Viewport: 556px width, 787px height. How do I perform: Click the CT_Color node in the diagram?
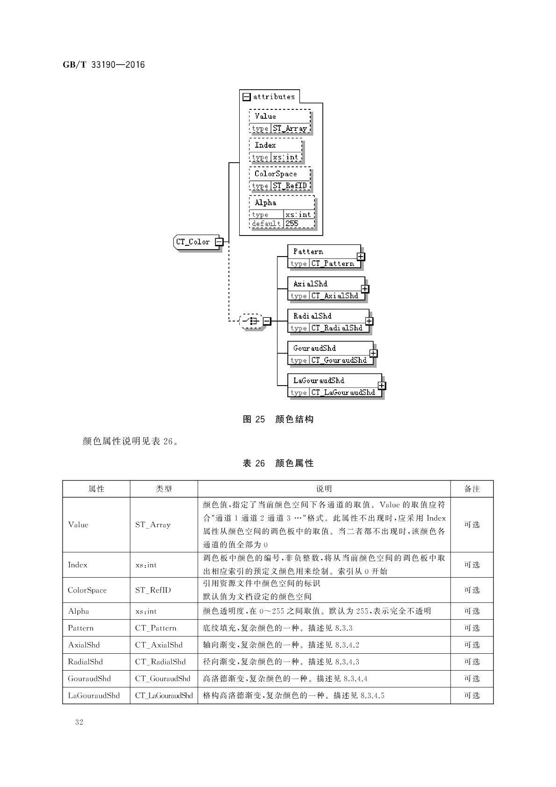(x=193, y=242)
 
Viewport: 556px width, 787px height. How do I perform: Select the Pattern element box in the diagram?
(x=324, y=257)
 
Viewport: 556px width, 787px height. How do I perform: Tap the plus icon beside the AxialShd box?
(x=365, y=289)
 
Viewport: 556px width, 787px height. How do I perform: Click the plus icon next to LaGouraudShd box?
(x=382, y=386)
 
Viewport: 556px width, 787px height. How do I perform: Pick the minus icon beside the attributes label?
(x=247, y=97)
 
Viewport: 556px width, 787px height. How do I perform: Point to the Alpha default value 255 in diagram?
(x=292, y=223)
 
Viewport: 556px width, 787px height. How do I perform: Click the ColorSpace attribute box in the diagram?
(x=279, y=179)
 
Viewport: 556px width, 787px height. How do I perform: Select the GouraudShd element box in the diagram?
(x=330, y=353)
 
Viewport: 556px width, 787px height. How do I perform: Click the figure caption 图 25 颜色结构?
(x=278, y=419)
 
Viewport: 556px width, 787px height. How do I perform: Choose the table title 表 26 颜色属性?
(x=278, y=463)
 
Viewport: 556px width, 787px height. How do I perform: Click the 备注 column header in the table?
(x=472, y=489)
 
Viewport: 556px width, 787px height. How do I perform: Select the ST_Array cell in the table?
(x=153, y=525)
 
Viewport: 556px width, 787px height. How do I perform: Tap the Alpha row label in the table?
(x=78, y=611)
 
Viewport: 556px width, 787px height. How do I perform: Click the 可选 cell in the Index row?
(x=472, y=565)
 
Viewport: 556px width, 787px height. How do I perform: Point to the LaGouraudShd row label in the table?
(x=94, y=695)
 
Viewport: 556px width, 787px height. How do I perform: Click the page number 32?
(x=79, y=722)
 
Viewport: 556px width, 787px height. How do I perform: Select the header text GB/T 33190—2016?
(x=104, y=64)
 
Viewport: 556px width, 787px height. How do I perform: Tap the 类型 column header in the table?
(x=164, y=489)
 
